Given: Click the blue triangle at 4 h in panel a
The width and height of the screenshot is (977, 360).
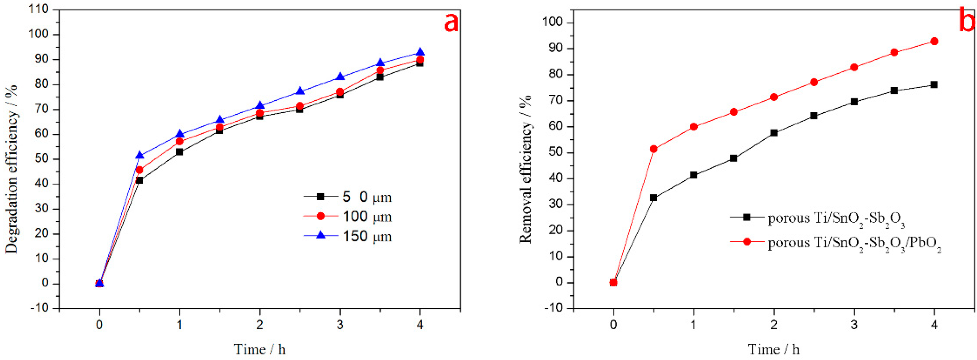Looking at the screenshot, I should [420, 52].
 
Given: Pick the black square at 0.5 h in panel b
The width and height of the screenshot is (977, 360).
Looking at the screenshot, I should [653, 198].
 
